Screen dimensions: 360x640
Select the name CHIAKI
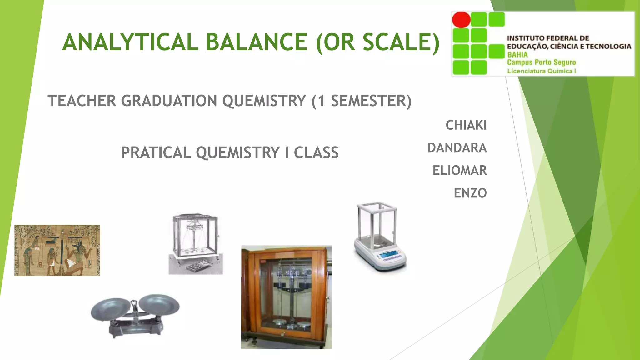coord(466,125)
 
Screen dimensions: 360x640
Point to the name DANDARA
coord(457,148)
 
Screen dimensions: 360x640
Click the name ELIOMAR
coord(459,171)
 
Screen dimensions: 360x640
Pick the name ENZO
coord(470,193)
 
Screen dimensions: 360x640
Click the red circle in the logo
coord(461,20)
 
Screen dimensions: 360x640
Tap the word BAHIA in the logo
coord(517,55)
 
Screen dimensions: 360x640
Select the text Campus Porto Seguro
coord(541,62)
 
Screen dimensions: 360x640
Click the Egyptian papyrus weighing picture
coord(57,250)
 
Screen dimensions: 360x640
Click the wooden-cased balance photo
coord(287,297)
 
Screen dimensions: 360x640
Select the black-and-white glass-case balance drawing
coord(196,244)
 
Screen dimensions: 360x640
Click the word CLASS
coord(316,153)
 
